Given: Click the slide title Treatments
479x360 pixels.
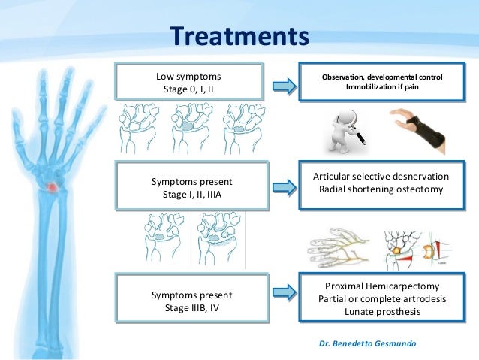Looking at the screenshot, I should (x=239, y=36).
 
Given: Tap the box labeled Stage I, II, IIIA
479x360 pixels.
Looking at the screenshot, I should (x=191, y=187).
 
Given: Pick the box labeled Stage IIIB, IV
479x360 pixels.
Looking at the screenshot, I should (x=191, y=300).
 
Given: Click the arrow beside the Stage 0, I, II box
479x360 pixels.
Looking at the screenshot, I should (x=283, y=83).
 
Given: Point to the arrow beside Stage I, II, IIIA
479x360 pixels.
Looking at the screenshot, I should (x=283, y=184).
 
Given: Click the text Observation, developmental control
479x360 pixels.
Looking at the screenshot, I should (x=382, y=77).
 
